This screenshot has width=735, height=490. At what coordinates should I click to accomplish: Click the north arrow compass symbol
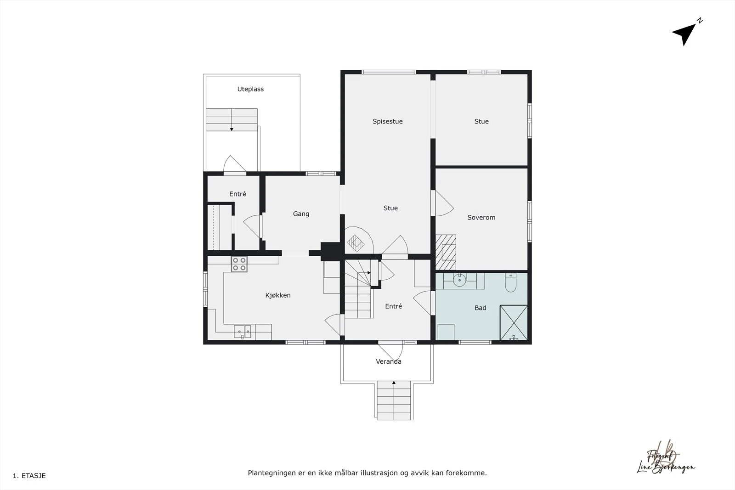pyautogui.click(x=685, y=33)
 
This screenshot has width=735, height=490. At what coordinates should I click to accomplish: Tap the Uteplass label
pyautogui.click(x=250, y=89)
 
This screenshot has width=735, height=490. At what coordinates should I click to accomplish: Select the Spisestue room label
pyautogui.click(x=387, y=121)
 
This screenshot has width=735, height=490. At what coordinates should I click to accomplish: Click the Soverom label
pyautogui.click(x=481, y=217)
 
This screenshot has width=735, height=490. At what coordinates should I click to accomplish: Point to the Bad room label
pyautogui.click(x=480, y=308)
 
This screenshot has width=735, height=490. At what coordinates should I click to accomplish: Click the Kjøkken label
pyautogui.click(x=278, y=295)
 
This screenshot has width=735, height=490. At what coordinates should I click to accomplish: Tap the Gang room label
pyautogui.click(x=301, y=214)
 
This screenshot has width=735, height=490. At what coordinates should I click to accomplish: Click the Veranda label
pyautogui.click(x=388, y=361)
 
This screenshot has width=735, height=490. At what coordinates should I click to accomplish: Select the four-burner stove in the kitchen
pyautogui.click(x=239, y=264)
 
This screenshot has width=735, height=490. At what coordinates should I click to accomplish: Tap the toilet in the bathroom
pyautogui.click(x=511, y=282)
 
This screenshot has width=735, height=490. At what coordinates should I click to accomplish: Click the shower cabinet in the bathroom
pyautogui.click(x=514, y=323)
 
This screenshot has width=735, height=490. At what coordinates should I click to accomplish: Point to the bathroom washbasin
pyautogui.click(x=459, y=280)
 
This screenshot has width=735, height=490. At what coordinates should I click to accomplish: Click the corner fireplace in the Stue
pyautogui.click(x=356, y=241)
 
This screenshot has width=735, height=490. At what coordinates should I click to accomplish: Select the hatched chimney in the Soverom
pyautogui.click(x=446, y=252)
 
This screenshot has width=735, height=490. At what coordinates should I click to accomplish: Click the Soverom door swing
pyautogui.click(x=443, y=203)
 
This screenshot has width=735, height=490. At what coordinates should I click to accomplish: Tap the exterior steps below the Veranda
pyautogui.click(x=394, y=400)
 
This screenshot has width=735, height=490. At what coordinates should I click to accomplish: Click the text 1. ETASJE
pyautogui.click(x=29, y=476)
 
